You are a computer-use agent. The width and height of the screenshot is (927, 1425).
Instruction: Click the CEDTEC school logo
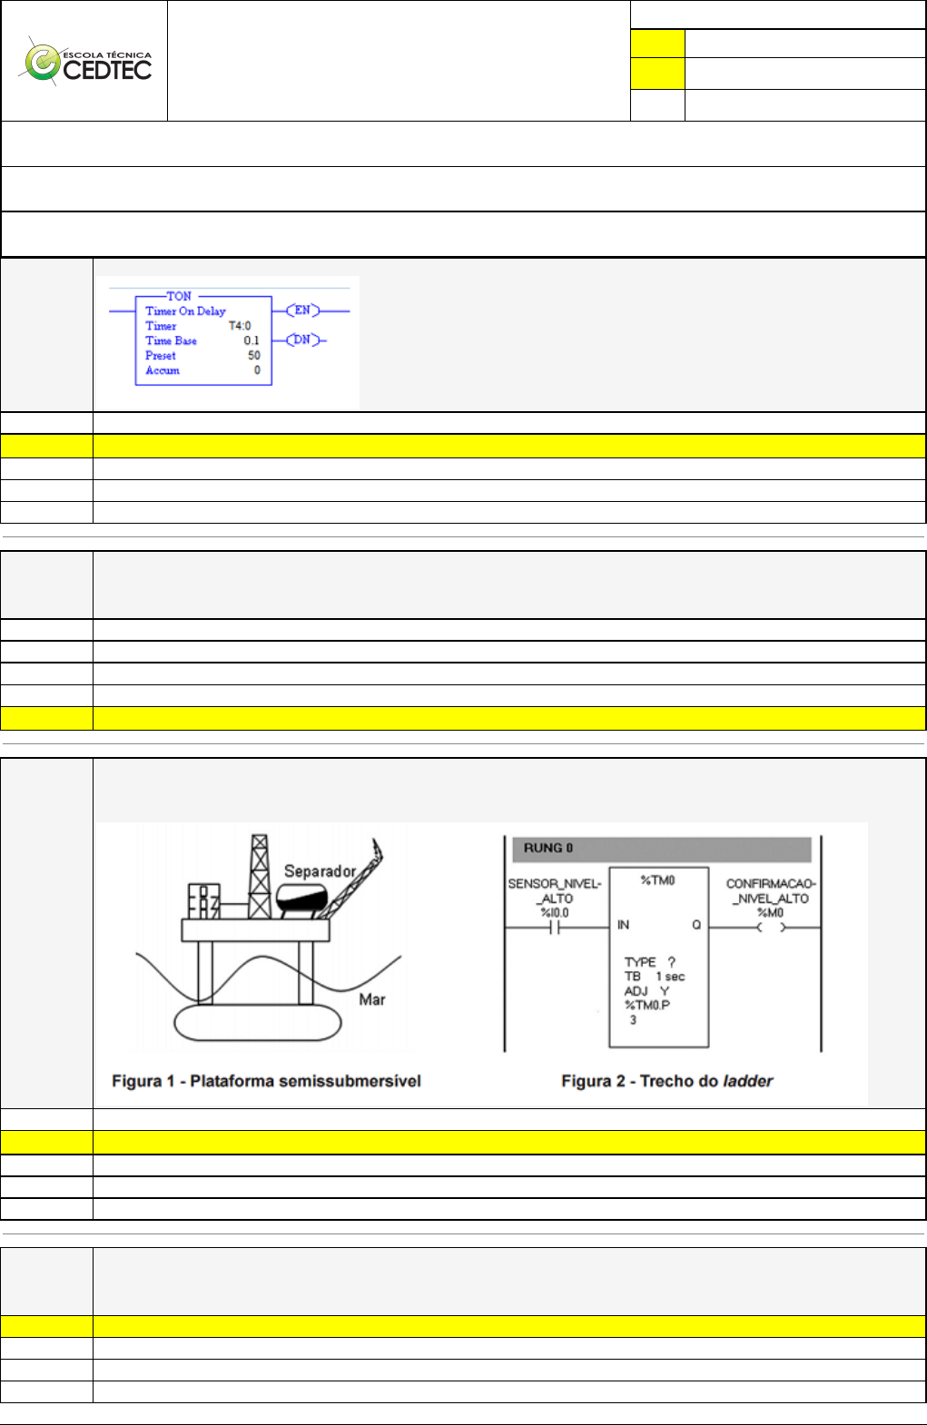pyautogui.click(x=87, y=62)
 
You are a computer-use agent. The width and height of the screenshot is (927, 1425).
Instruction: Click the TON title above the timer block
pyautogui.click(x=179, y=296)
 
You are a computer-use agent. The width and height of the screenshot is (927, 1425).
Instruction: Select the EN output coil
pyautogui.click(x=302, y=310)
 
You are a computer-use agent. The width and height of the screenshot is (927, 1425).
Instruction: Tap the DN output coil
pyautogui.click(x=302, y=340)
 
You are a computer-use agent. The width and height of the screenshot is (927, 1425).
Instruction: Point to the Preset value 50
pyautogui.click(x=254, y=356)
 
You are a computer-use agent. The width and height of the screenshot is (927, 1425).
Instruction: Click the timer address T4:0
pyautogui.click(x=240, y=326)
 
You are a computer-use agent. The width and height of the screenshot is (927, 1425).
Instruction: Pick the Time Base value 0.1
pyautogui.click(x=251, y=340)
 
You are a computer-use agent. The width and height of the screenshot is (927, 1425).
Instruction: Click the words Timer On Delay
pyautogui.click(x=185, y=310)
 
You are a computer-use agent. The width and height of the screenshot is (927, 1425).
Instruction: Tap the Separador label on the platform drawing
pyautogui.click(x=320, y=871)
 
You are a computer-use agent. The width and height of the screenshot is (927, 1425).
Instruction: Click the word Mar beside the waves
pyautogui.click(x=372, y=999)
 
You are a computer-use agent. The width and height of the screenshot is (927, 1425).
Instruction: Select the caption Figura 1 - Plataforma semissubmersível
pyautogui.click(x=266, y=1081)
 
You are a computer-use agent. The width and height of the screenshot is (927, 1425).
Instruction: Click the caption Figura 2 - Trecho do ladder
pyautogui.click(x=666, y=1081)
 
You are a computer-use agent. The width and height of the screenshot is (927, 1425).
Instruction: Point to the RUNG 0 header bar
pyautogui.click(x=661, y=849)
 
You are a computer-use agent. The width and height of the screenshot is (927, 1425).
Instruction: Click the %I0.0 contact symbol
pyautogui.click(x=555, y=928)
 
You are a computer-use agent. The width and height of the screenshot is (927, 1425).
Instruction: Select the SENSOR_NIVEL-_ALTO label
pyautogui.click(x=555, y=890)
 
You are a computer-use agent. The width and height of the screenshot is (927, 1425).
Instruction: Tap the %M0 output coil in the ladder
pyautogui.click(x=771, y=928)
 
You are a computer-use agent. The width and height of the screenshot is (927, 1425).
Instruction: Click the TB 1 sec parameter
pyautogui.click(x=655, y=977)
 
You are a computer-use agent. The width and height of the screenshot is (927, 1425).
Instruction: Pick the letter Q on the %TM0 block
pyautogui.click(x=696, y=925)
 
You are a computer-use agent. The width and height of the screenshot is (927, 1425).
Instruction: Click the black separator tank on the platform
pyautogui.click(x=301, y=899)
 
